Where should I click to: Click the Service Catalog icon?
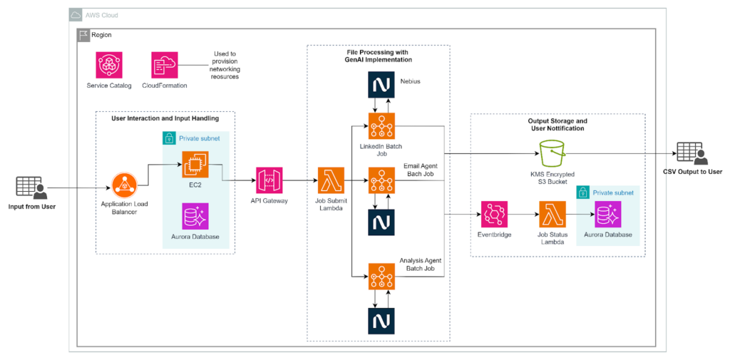[110, 65]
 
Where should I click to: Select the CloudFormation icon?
[165, 65]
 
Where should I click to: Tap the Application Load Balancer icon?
[125, 188]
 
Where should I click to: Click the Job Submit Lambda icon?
[331, 181]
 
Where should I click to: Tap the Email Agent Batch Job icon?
[381, 181]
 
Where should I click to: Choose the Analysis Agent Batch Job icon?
[381, 276]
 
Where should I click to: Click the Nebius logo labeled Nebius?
[381, 85]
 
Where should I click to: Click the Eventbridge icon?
[494, 214]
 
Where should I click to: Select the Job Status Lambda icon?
[552, 214]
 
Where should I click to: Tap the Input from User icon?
[31, 188]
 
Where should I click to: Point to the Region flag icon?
[82, 34]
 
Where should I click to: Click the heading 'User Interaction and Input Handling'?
[165, 118]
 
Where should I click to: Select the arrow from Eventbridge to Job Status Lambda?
[523, 214]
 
